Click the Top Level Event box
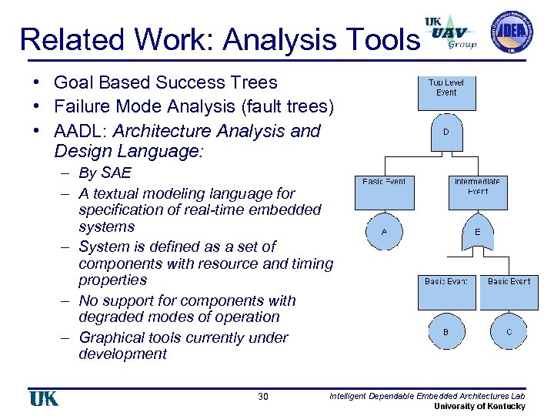pyautogui.click(x=446, y=92)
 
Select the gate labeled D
pyautogui.click(x=446, y=132)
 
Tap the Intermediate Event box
pyautogui.click(x=478, y=193)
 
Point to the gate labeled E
pyautogui.click(x=478, y=232)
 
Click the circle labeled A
pyautogui.click(x=384, y=232)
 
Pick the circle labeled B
pyautogui.click(x=446, y=332)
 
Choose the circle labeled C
pyautogui.click(x=509, y=332)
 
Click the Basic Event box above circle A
pyautogui.click(x=384, y=193)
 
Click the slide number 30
pyautogui.click(x=263, y=397)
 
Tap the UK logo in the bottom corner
pyautogui.click(x=44, y=398)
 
